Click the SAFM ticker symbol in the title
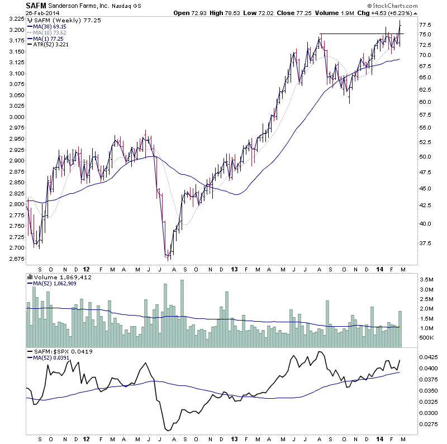[36, 6]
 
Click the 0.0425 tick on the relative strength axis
[430, 356]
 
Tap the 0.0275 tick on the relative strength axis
[430, 425]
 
